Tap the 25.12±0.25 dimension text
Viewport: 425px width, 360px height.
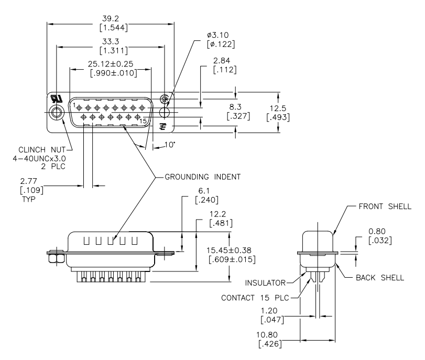pos(111,64)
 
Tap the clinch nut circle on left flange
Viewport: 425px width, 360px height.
pos(56,111)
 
